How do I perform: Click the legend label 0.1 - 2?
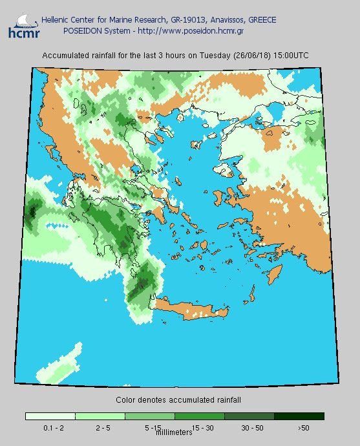(x=50, y=427)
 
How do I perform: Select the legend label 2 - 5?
(x=100, y=427)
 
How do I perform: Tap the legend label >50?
(x=304, y=427)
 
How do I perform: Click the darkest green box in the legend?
(x=299, y=416)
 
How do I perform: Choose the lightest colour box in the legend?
(x=50, y=416)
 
